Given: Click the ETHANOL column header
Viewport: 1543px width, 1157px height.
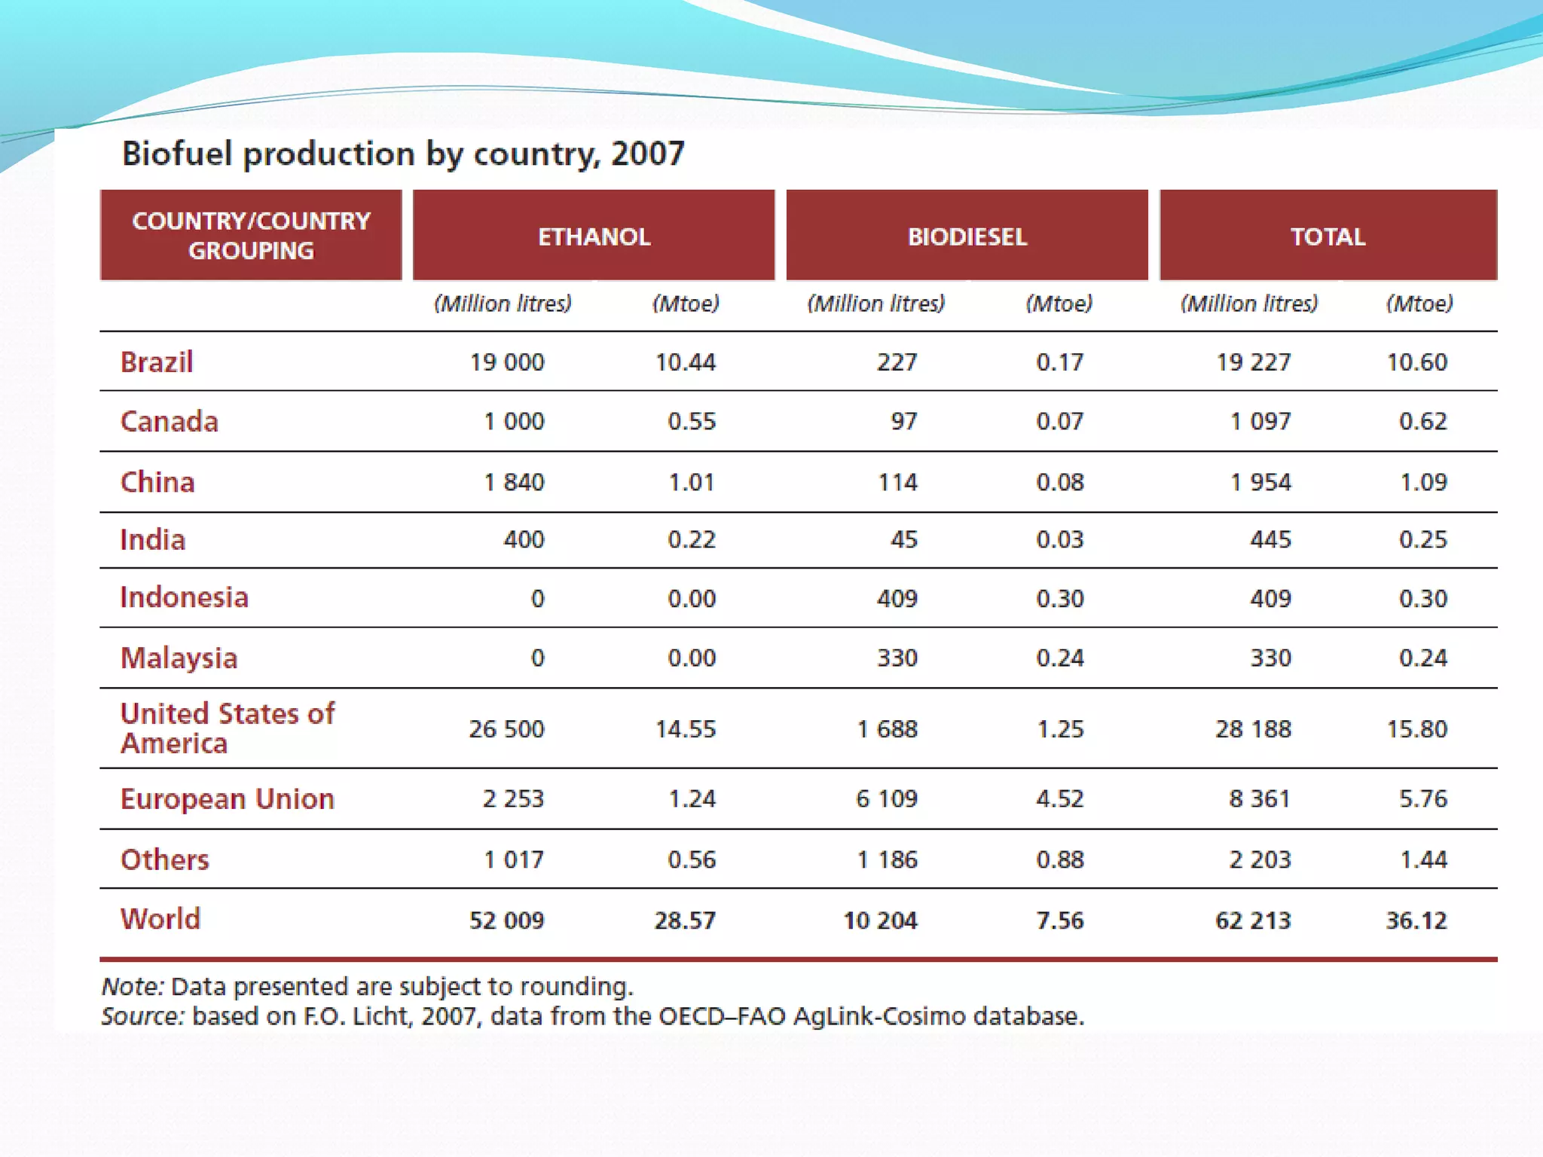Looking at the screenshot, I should coord(594,237).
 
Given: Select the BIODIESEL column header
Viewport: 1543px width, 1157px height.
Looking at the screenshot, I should coord(967,237).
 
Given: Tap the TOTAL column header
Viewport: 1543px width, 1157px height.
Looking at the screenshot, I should coord(1328,237).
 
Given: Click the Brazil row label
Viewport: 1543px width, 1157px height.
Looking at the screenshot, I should coord(157,362).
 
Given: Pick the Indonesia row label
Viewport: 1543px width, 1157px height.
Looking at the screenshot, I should coord(184,597).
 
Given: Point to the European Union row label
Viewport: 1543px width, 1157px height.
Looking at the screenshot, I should coord(227,798).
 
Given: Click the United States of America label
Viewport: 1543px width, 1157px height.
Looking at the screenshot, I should coord(227,728).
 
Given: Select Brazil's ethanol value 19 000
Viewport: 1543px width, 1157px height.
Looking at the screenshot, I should coord(506,362).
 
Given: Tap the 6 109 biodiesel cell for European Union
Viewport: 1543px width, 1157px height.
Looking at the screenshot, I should coord(886,798).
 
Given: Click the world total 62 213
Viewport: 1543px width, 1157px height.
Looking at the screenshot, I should coord(1252,920).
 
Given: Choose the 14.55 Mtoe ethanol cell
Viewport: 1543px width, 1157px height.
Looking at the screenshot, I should coord(685,729).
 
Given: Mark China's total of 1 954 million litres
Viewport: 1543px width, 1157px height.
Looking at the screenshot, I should coord(1260,482).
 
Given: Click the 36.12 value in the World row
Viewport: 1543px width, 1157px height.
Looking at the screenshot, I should coord(1416,920).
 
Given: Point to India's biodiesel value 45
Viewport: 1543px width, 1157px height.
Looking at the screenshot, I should coord(903,539).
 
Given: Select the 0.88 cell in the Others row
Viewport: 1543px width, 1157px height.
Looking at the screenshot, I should coord(1059,859).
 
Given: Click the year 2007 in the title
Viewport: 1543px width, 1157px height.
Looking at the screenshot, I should coord(647,154).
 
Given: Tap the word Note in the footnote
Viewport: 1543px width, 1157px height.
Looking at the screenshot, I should coord(132,987).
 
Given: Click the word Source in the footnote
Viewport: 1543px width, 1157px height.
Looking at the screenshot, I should coord(142,1016).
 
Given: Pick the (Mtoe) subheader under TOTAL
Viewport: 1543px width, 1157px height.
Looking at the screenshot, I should coord(1419,304).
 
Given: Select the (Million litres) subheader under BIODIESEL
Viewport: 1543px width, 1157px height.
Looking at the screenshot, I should coord(875,304).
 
